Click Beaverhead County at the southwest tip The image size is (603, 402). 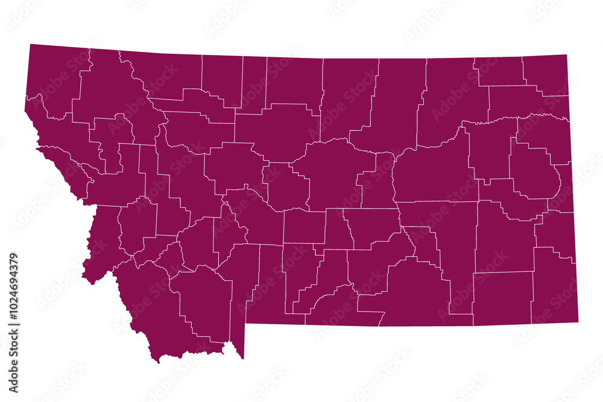(x=151, y=313)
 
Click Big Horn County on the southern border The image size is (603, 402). (x=416, y=289)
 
